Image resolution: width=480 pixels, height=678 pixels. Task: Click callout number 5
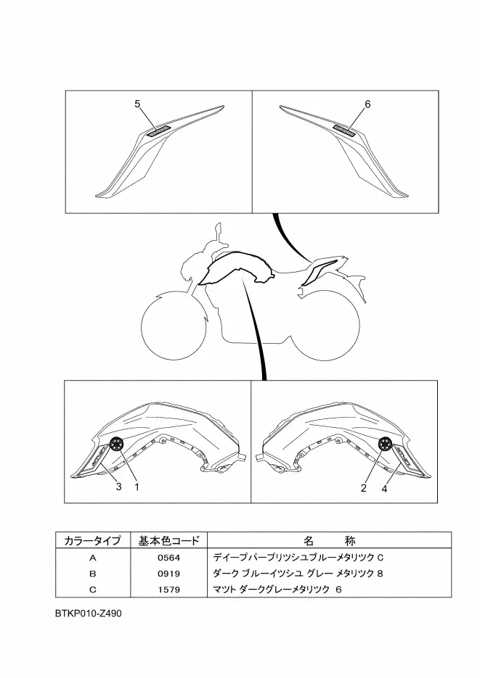point(137,104)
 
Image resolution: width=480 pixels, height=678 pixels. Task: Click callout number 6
point(367,104)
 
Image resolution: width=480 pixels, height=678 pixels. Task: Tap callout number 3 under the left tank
point(118,487)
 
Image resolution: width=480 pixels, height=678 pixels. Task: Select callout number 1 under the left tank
point(136,487)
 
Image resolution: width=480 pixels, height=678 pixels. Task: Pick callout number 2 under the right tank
point(362,487)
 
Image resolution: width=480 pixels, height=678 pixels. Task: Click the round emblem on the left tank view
point(117,444)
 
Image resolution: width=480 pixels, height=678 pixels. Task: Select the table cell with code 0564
point(168,558)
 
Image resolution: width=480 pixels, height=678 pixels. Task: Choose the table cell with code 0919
point(168,574)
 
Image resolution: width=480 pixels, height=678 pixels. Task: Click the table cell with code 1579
point(168,589)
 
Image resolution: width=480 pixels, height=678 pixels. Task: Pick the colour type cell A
point(92,558)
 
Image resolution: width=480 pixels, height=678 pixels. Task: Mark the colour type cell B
point(92,574)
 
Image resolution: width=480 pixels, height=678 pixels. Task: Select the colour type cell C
point(92,589)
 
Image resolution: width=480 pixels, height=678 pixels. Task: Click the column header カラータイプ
point(92,541)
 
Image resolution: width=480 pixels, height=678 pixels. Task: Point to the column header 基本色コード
point(168,541)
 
